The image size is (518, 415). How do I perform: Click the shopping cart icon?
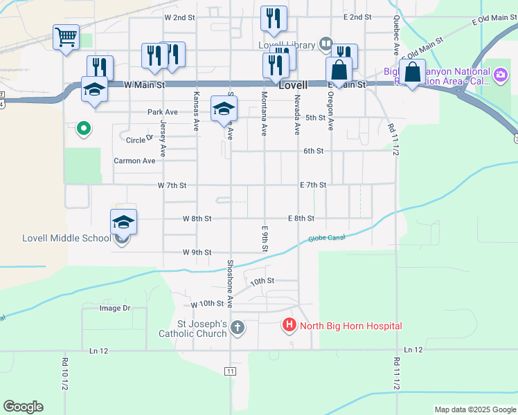[x=66, y=37]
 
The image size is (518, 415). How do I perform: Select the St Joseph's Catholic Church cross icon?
[x=238, y=327]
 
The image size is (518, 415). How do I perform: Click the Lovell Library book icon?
[x=325, y=45]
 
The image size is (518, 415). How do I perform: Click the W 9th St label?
[x=197, y=252]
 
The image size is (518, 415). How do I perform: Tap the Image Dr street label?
[x=115, y=308]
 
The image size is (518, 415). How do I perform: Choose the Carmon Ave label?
[x=134, y=160]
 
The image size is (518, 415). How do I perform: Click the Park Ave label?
[x=163, y=112]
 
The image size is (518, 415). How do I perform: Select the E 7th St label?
[x=312, y=185]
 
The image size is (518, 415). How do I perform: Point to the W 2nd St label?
[x=180, y=17]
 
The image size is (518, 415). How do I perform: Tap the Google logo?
[x=23, y=407]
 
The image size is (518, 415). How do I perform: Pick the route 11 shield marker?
[x=230, y=371]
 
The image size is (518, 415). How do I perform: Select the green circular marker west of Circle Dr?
[x=83, y=128]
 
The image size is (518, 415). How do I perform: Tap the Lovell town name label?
[x=292, y=86]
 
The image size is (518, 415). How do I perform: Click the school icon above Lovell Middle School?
[x=123, y=222]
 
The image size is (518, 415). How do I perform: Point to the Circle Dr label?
[x=139, y=140]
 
